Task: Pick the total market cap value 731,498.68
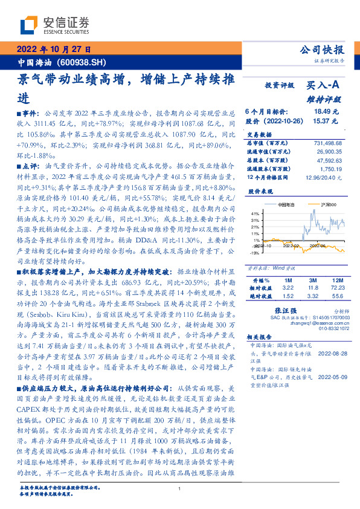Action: pyautogui.click(x=327, y=143)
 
